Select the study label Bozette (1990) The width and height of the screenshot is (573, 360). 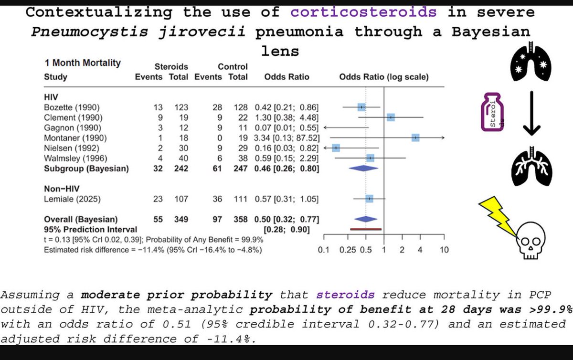72,107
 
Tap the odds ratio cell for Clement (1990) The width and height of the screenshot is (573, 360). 286,117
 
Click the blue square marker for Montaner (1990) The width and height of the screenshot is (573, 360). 416,137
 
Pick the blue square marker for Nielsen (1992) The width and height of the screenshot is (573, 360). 336,148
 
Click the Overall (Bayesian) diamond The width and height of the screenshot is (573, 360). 365,219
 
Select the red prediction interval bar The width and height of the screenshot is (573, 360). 365,229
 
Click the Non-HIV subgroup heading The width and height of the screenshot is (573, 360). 59,188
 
